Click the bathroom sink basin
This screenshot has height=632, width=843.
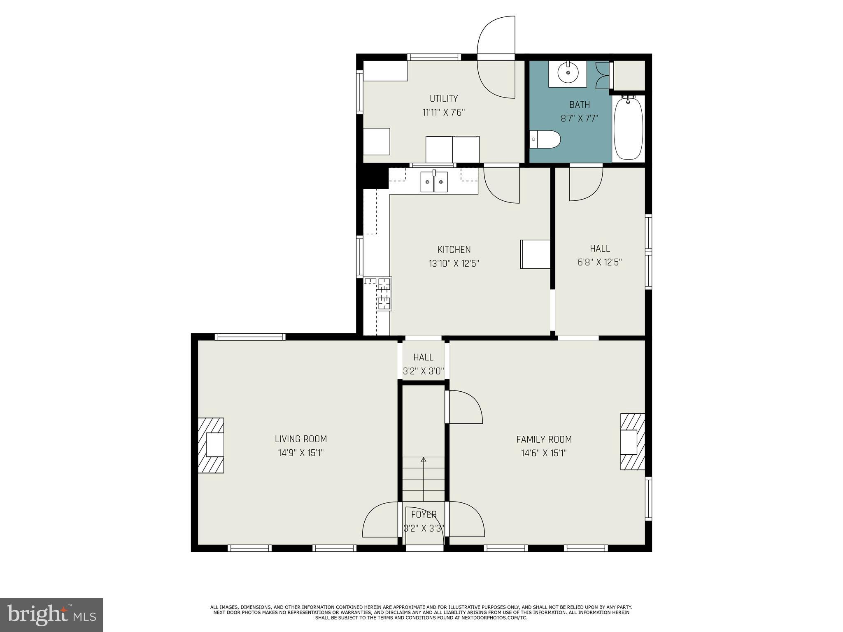click(568, 73)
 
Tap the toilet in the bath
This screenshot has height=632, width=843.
click(545, 139)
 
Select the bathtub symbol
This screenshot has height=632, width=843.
click(628, 128)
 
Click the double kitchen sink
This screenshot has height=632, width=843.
click(434, 182)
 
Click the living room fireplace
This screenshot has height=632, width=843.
click(211, 445)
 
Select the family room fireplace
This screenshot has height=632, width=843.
click(632, 441)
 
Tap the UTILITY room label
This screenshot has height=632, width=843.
click(444, 98)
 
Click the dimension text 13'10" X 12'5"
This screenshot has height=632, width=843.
click(454, 263)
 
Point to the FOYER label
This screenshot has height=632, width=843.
click(424, 514)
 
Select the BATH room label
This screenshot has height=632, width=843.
click(580, 105)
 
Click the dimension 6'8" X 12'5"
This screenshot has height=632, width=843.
click(599, 262)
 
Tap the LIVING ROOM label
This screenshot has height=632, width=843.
click(301, 439)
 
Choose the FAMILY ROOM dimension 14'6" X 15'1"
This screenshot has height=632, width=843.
click(544, 453)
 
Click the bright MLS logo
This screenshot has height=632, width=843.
click(51, 615)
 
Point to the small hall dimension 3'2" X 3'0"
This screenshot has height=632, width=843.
click(424, 371)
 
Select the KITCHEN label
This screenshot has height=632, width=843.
click(454, 249)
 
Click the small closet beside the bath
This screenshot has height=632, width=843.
click(629, 75)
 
